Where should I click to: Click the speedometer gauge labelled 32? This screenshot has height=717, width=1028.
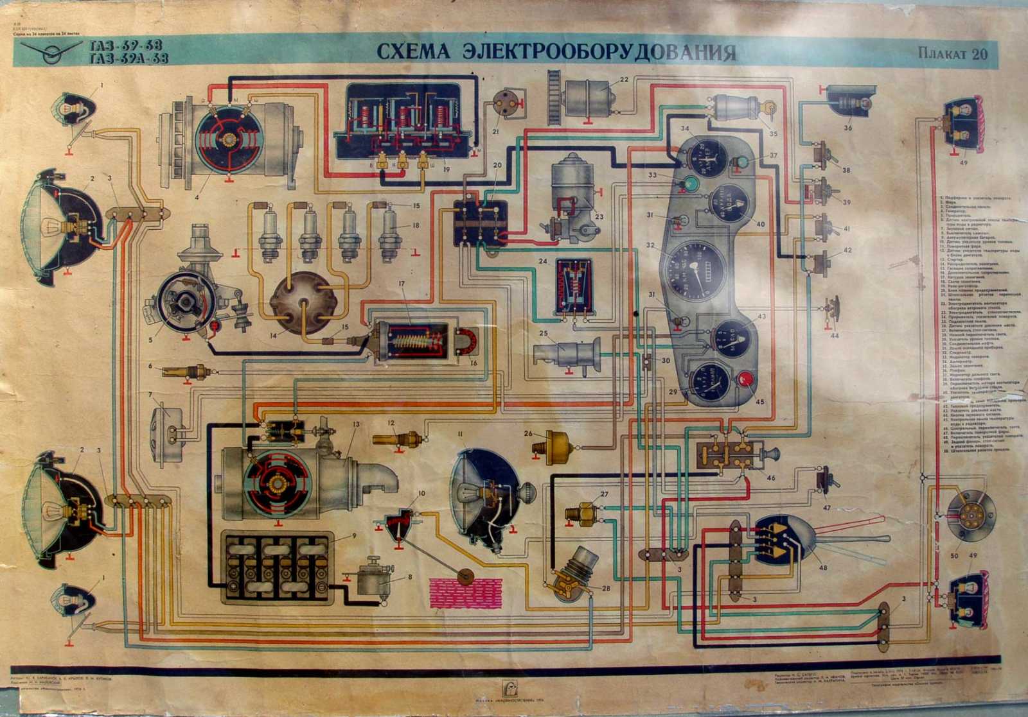695,270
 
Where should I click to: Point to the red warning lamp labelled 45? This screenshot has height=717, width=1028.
746,379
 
